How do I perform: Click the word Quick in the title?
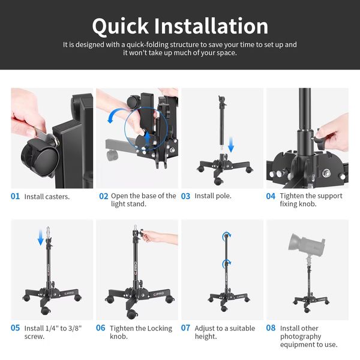coord(121,27)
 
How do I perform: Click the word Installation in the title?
coord(211,26)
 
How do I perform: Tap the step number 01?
coord(15,196)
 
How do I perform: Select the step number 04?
coord(271,196)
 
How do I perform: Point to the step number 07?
coord(185,328)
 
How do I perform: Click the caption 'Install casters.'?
coord(47,197)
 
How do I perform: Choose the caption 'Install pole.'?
coord(213,196)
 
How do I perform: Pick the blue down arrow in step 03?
coord(231,145)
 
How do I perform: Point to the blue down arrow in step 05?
coord(41,238)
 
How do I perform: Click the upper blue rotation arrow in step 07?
coord(227,236)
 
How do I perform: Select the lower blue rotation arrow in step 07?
coord(227,263)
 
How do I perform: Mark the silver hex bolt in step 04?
coord(326,173)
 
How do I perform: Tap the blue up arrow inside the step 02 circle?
coord(147,140)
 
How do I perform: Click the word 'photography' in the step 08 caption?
coord(301,337)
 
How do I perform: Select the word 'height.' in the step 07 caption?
coord(206,337)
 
